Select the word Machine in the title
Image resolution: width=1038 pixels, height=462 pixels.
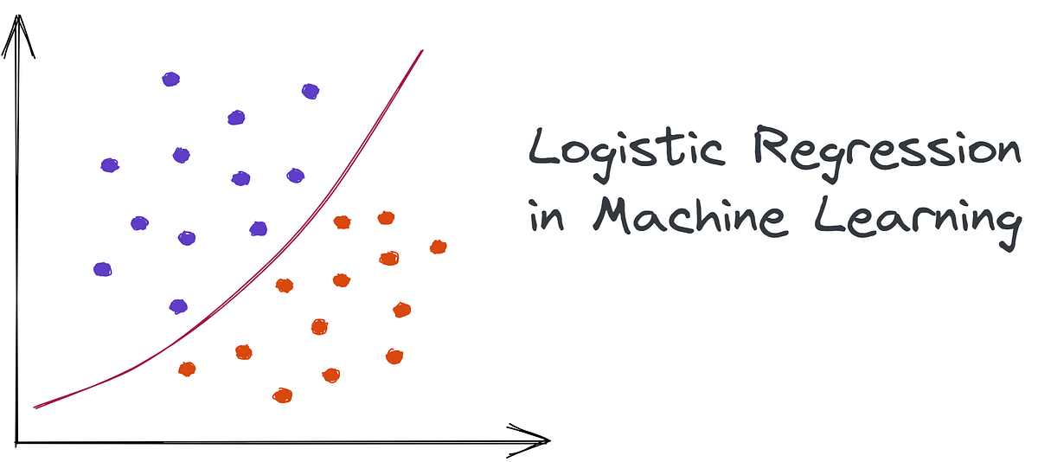coord(690,216)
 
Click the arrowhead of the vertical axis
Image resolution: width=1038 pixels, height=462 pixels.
coord(18,35)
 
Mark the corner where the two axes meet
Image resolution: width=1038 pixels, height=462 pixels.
coord(16,443)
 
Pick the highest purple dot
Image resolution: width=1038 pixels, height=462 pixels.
coord(171,80)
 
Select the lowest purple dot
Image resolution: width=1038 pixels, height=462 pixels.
coord(178,306)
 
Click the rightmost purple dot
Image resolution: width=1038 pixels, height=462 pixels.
coord(311,92)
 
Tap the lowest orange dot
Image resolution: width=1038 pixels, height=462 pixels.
coord(283,395)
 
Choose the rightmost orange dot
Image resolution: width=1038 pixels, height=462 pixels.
coord(439,247)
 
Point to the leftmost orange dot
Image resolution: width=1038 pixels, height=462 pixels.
coord(187,369)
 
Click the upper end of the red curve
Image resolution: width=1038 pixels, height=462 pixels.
coord(422,50)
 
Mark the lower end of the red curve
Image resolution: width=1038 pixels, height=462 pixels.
coord(35,407)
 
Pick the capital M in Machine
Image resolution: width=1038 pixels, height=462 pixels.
coord(612,215)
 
